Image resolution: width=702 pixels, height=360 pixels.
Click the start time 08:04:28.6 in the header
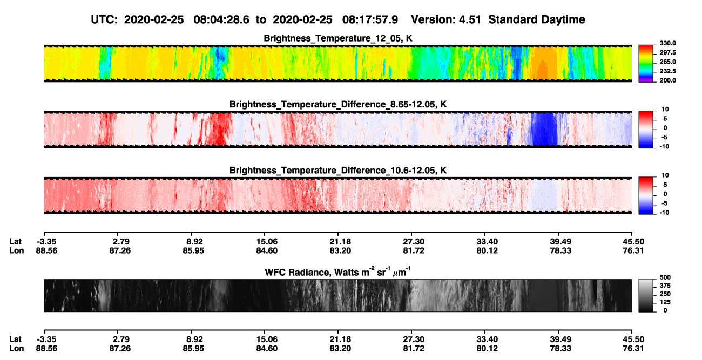(x=221, y=20)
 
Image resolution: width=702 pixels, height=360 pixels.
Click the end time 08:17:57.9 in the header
(x=370, y=20)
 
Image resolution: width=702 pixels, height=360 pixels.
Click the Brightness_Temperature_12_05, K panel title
(x=338, y=38)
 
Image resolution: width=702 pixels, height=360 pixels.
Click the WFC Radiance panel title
(x=338, y=271)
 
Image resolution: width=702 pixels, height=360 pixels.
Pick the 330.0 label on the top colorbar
(x=667, y=43)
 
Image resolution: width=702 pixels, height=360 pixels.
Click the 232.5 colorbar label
(x=667, y=71)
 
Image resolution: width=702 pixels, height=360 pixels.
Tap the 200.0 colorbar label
(x=667, y=80)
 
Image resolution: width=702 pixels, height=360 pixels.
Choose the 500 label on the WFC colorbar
(x=665, y=277)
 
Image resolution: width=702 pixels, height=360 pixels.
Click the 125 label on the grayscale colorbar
(x=665, y=302)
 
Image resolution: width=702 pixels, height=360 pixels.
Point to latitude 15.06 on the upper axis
(x=267, y=242)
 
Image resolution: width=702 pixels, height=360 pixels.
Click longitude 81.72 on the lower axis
(x=414, y=349)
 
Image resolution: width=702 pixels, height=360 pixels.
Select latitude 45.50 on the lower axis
(x=633, y=339)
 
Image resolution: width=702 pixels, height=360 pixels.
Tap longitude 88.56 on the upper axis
(x=46, y=250)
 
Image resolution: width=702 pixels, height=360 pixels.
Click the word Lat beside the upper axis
(x=15, y=242)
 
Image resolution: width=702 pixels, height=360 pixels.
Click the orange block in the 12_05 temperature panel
(x=545, y=63)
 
